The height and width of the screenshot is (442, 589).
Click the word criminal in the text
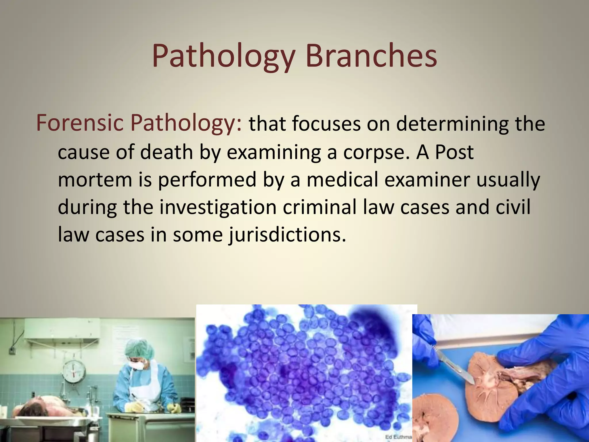pyautogui.click(x=319, y=207)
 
